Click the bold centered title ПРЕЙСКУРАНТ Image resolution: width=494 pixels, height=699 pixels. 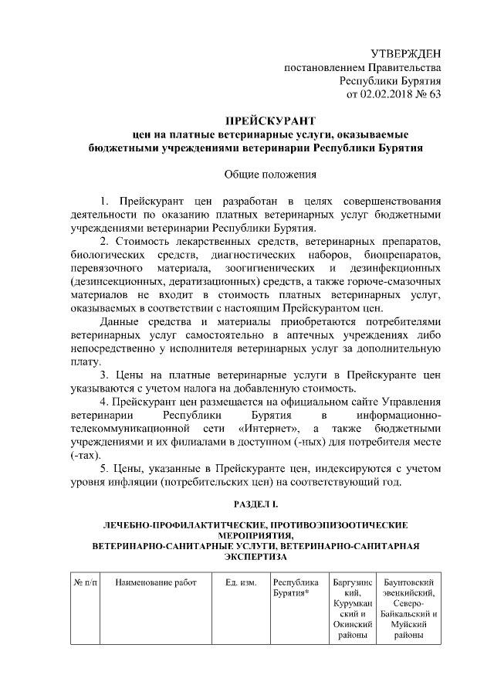[259, 121]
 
